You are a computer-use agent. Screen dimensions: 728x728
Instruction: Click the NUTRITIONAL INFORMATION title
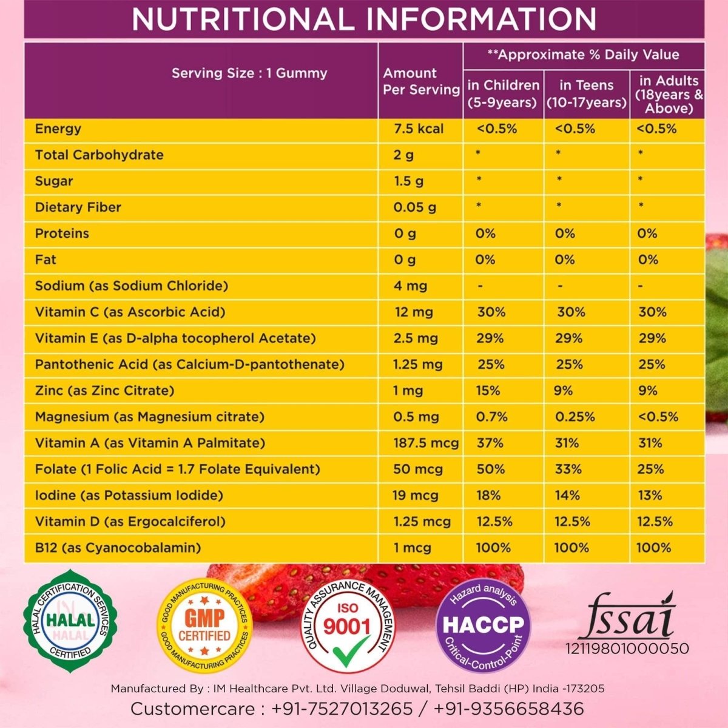pyautogui.click(x=364, y=19)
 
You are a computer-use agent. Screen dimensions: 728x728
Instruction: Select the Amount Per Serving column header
pyautogui.click(x=421, y=81)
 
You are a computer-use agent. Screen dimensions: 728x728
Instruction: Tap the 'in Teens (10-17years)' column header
pyautogui.click(x=586, y=94)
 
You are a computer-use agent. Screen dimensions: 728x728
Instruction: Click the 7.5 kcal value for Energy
pyautogui.click(x=419, y=129)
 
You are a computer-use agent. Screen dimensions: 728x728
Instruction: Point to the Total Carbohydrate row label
pyautogui.click(x=99, y=155)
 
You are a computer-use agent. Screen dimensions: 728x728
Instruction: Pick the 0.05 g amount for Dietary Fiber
pyautogui.click(x=414, y=207)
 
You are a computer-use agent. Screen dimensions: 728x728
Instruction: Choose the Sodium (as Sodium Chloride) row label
pyautogui.click(x=131, y=286)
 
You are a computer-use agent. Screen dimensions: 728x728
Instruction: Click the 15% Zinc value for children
pyautogui.click(x=488, y=391)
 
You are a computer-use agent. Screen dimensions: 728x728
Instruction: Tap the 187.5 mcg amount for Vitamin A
pyautogui.click(x=426, y=443)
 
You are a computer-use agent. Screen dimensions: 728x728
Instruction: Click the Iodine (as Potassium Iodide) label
pyautogui.click(x=129, y=496)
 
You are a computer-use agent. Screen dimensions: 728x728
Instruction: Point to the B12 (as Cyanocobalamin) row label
pyautogui.click(x=118, y=548)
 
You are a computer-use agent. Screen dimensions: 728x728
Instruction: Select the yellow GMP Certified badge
pyautogui.click(x=204, y=625)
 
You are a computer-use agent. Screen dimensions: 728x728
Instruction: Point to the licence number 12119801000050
pyautogui.click(x=627, y=649)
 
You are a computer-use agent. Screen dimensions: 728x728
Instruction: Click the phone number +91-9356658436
pyautogui.click(x=509, y=709)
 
